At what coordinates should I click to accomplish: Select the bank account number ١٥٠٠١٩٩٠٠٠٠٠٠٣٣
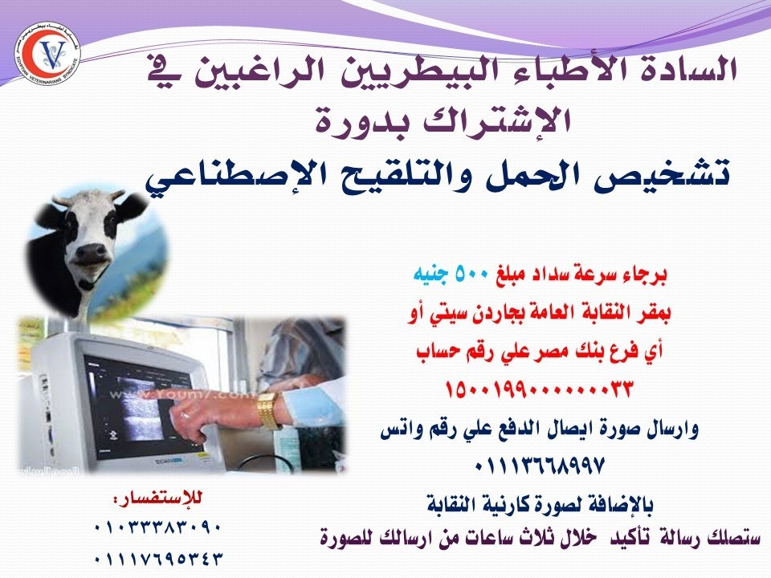pos(538,390)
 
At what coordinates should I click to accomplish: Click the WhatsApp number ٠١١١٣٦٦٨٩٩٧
pos(539,465)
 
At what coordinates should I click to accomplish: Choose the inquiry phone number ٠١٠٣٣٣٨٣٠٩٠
pos(157,528)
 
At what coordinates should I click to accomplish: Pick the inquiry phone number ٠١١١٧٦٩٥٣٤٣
pos(157,559)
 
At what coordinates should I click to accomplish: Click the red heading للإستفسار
pos(157,499)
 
